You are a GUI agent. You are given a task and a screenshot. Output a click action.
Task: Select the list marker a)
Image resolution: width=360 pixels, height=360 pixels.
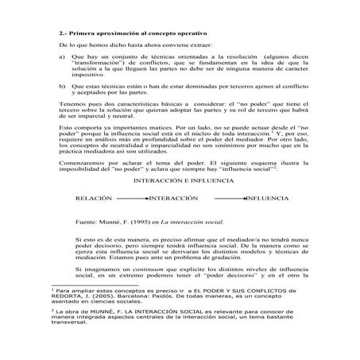tap(63, 58)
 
